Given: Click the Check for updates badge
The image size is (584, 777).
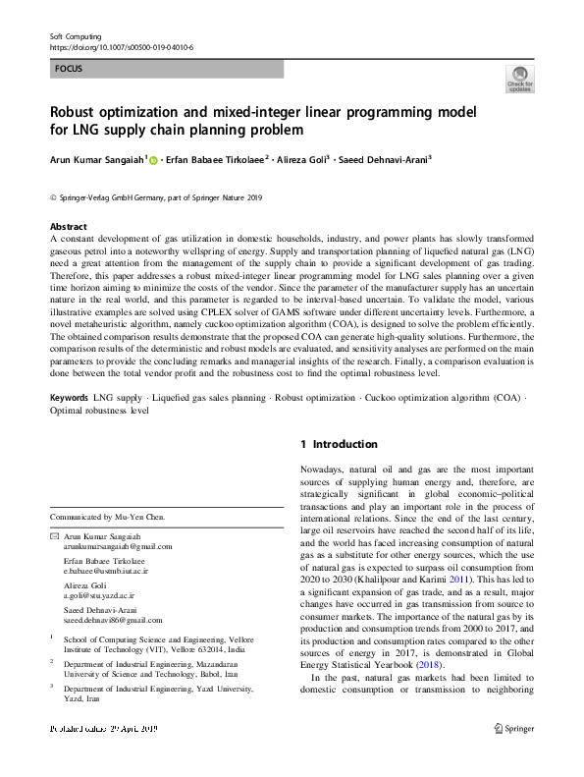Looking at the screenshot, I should click(519, 78).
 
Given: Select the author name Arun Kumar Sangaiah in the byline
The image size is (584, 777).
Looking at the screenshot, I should click(96, 159).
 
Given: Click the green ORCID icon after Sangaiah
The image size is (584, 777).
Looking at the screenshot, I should click(153, 159).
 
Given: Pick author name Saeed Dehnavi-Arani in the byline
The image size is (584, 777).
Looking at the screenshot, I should click(387, 159).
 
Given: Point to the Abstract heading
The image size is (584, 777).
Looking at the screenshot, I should click(68, 225).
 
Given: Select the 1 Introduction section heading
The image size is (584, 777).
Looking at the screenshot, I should click(339, 445).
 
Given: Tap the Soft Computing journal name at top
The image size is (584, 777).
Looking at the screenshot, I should click(78, 36).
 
